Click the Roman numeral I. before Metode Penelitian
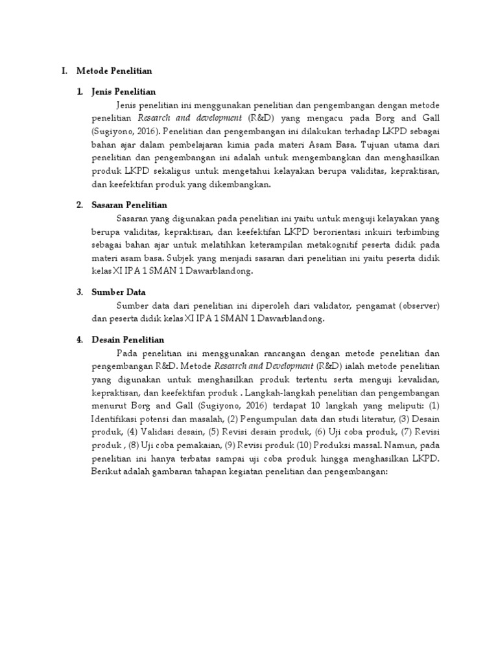tap(65, 70)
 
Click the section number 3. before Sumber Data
tap(78, 292)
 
